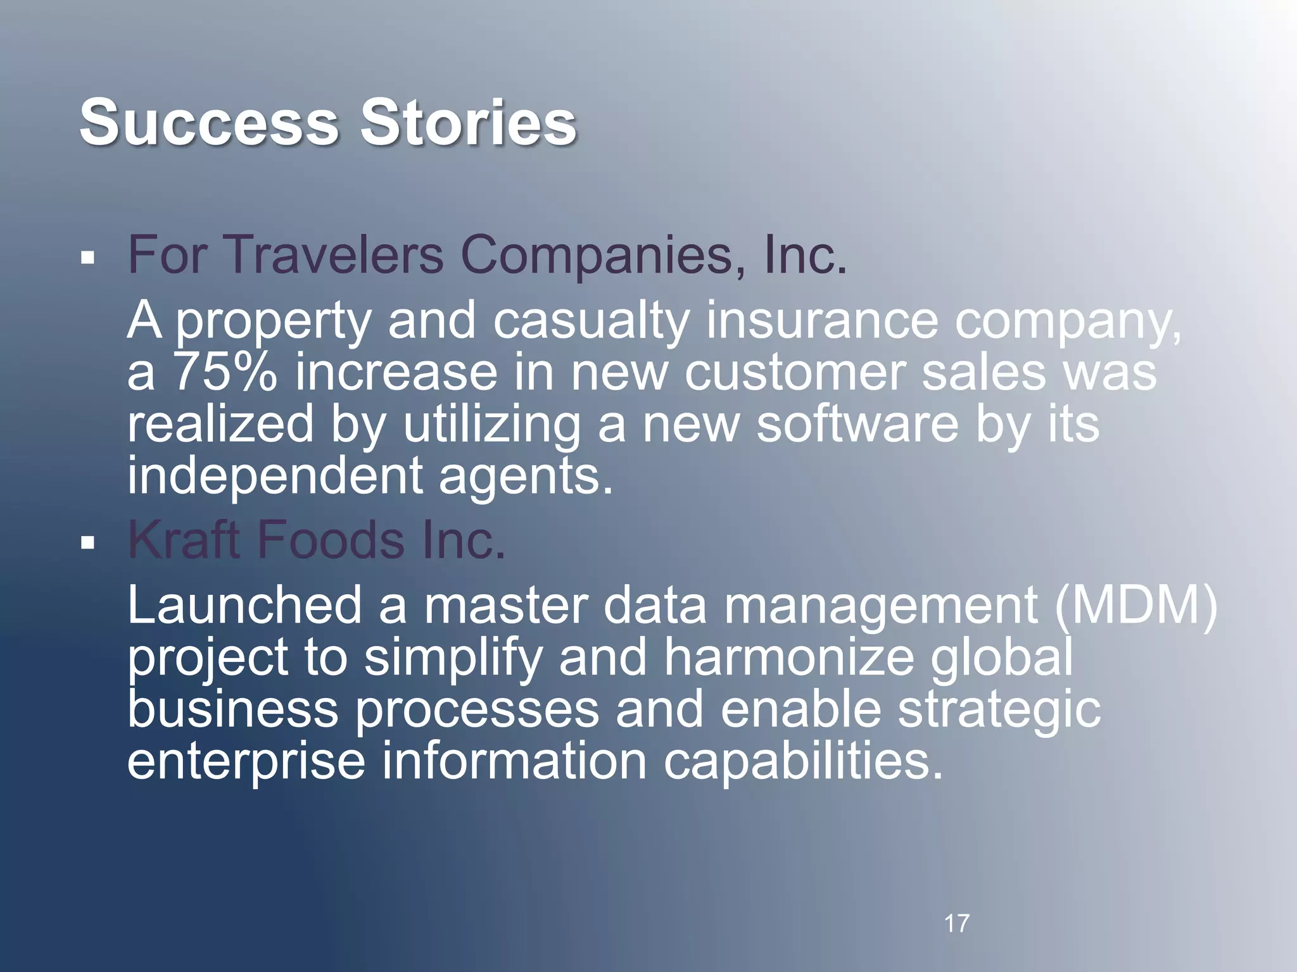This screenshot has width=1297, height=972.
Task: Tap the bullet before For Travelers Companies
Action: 88,258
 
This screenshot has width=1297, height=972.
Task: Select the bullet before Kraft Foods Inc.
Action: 88,542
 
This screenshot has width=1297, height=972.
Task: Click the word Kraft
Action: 184,539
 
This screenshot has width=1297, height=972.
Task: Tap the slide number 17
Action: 956,923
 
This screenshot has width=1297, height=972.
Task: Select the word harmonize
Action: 789,657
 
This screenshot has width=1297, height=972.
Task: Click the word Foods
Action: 330,539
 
